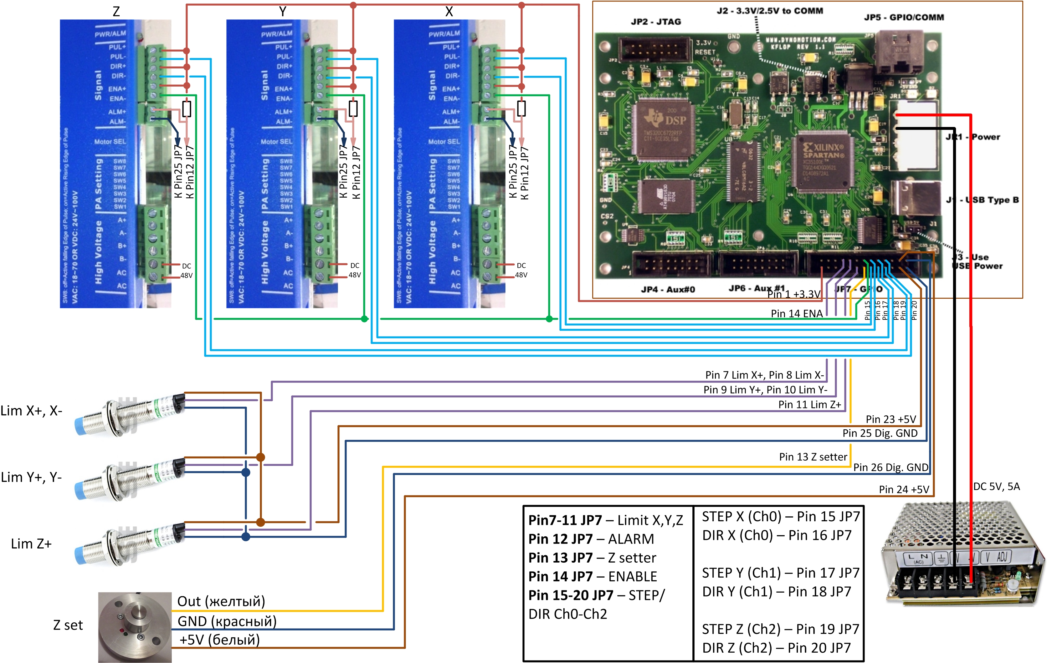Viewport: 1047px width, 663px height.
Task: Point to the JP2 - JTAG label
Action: click(656, 22)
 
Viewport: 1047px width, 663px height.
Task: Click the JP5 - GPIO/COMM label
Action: click(904, 18)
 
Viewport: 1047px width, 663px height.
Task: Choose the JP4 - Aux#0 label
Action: click(668, 289)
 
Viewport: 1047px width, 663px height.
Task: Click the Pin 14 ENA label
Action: click(797, 314)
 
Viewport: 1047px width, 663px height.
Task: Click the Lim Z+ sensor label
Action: click(31, 544)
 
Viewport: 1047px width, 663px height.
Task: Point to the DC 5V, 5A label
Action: click(996, 486)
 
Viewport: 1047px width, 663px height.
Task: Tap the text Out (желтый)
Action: click(221, 601)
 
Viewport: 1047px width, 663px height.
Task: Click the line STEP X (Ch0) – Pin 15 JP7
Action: click(780, 517)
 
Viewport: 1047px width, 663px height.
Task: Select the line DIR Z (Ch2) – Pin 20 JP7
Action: click(776, 648)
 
